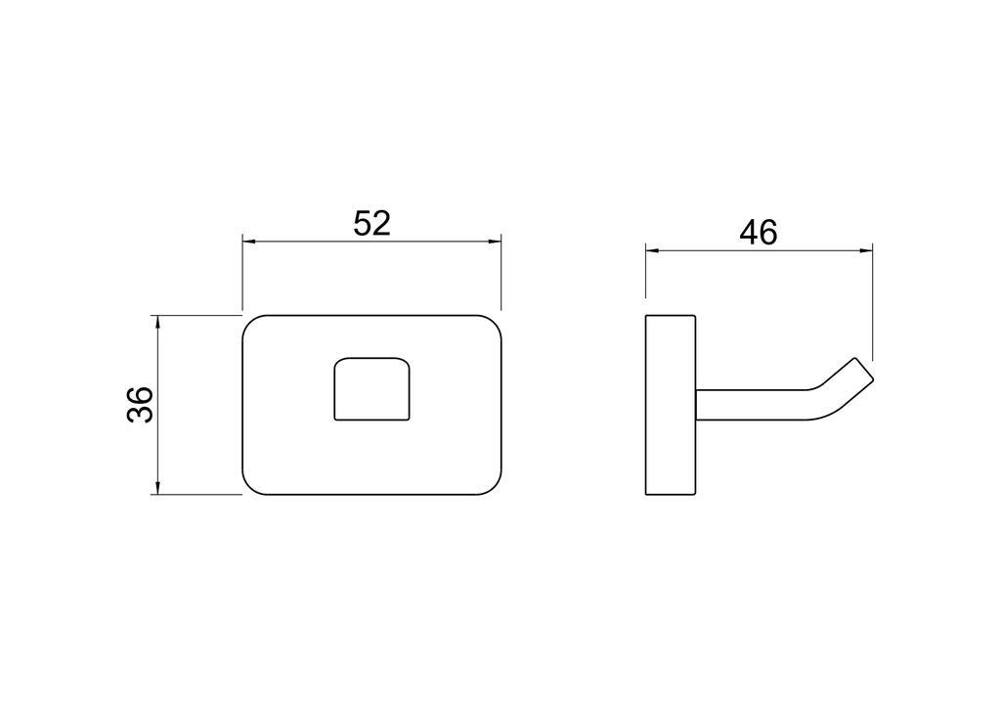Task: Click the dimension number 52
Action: pos(371,223)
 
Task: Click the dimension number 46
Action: pos(759,233)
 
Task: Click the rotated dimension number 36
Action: pos(141,404)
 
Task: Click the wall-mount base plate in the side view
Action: pos(671,405)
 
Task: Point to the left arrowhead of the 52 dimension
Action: pos(249,242)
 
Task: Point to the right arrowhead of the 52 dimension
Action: pos(494,242)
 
